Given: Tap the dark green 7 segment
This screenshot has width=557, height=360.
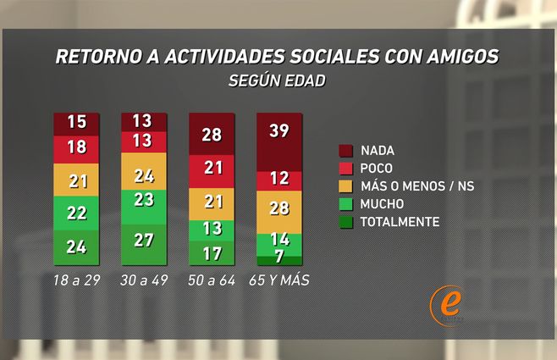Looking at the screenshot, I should [x=278, y=258].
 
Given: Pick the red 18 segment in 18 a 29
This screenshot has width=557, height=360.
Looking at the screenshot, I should [x=76, y=147].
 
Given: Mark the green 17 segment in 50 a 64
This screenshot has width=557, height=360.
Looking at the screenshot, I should [x=211, y=253].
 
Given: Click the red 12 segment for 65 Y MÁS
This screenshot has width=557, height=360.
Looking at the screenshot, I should [x=278, y=180].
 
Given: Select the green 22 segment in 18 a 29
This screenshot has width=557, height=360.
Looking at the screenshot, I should [x=76, y=213].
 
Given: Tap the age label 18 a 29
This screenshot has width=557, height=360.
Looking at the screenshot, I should [x=76, y=280].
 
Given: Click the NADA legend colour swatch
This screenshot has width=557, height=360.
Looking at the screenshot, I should [x=345, y=151].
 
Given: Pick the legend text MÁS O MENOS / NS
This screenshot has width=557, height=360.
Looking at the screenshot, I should [x=412, y=186].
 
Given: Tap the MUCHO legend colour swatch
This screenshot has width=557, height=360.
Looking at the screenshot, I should [x=345, y=204].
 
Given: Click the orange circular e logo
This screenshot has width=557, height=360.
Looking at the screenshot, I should [x=446, y=303].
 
